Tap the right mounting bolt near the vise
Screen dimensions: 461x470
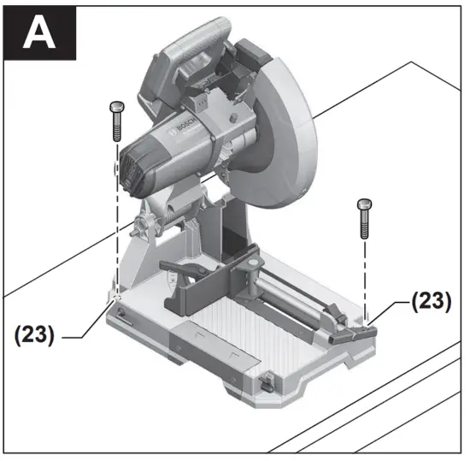click(365, 218)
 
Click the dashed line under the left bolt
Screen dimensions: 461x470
click(115, 214)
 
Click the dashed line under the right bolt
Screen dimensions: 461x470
click(365, 274)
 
